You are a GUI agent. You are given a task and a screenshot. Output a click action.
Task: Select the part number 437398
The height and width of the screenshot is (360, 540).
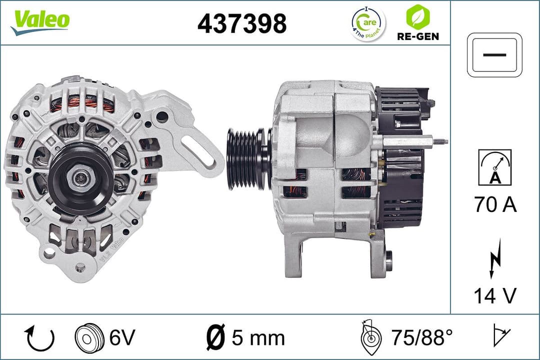242,23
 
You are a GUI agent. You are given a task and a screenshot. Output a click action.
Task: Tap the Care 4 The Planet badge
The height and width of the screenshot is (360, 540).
368,23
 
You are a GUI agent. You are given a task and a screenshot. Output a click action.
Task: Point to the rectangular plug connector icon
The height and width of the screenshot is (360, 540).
494,55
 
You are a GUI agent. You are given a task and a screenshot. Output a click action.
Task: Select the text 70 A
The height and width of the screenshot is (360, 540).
494,205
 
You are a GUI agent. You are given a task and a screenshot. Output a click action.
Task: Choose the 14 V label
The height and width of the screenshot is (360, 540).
494,296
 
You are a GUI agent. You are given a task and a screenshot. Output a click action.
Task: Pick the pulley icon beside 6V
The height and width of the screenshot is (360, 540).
88,338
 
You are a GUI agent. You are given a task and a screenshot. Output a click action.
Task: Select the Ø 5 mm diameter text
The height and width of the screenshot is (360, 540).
245,338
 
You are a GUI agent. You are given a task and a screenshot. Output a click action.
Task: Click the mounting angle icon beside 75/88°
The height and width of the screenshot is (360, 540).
370,338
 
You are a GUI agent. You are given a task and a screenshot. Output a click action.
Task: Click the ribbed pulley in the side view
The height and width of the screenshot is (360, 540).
247,158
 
